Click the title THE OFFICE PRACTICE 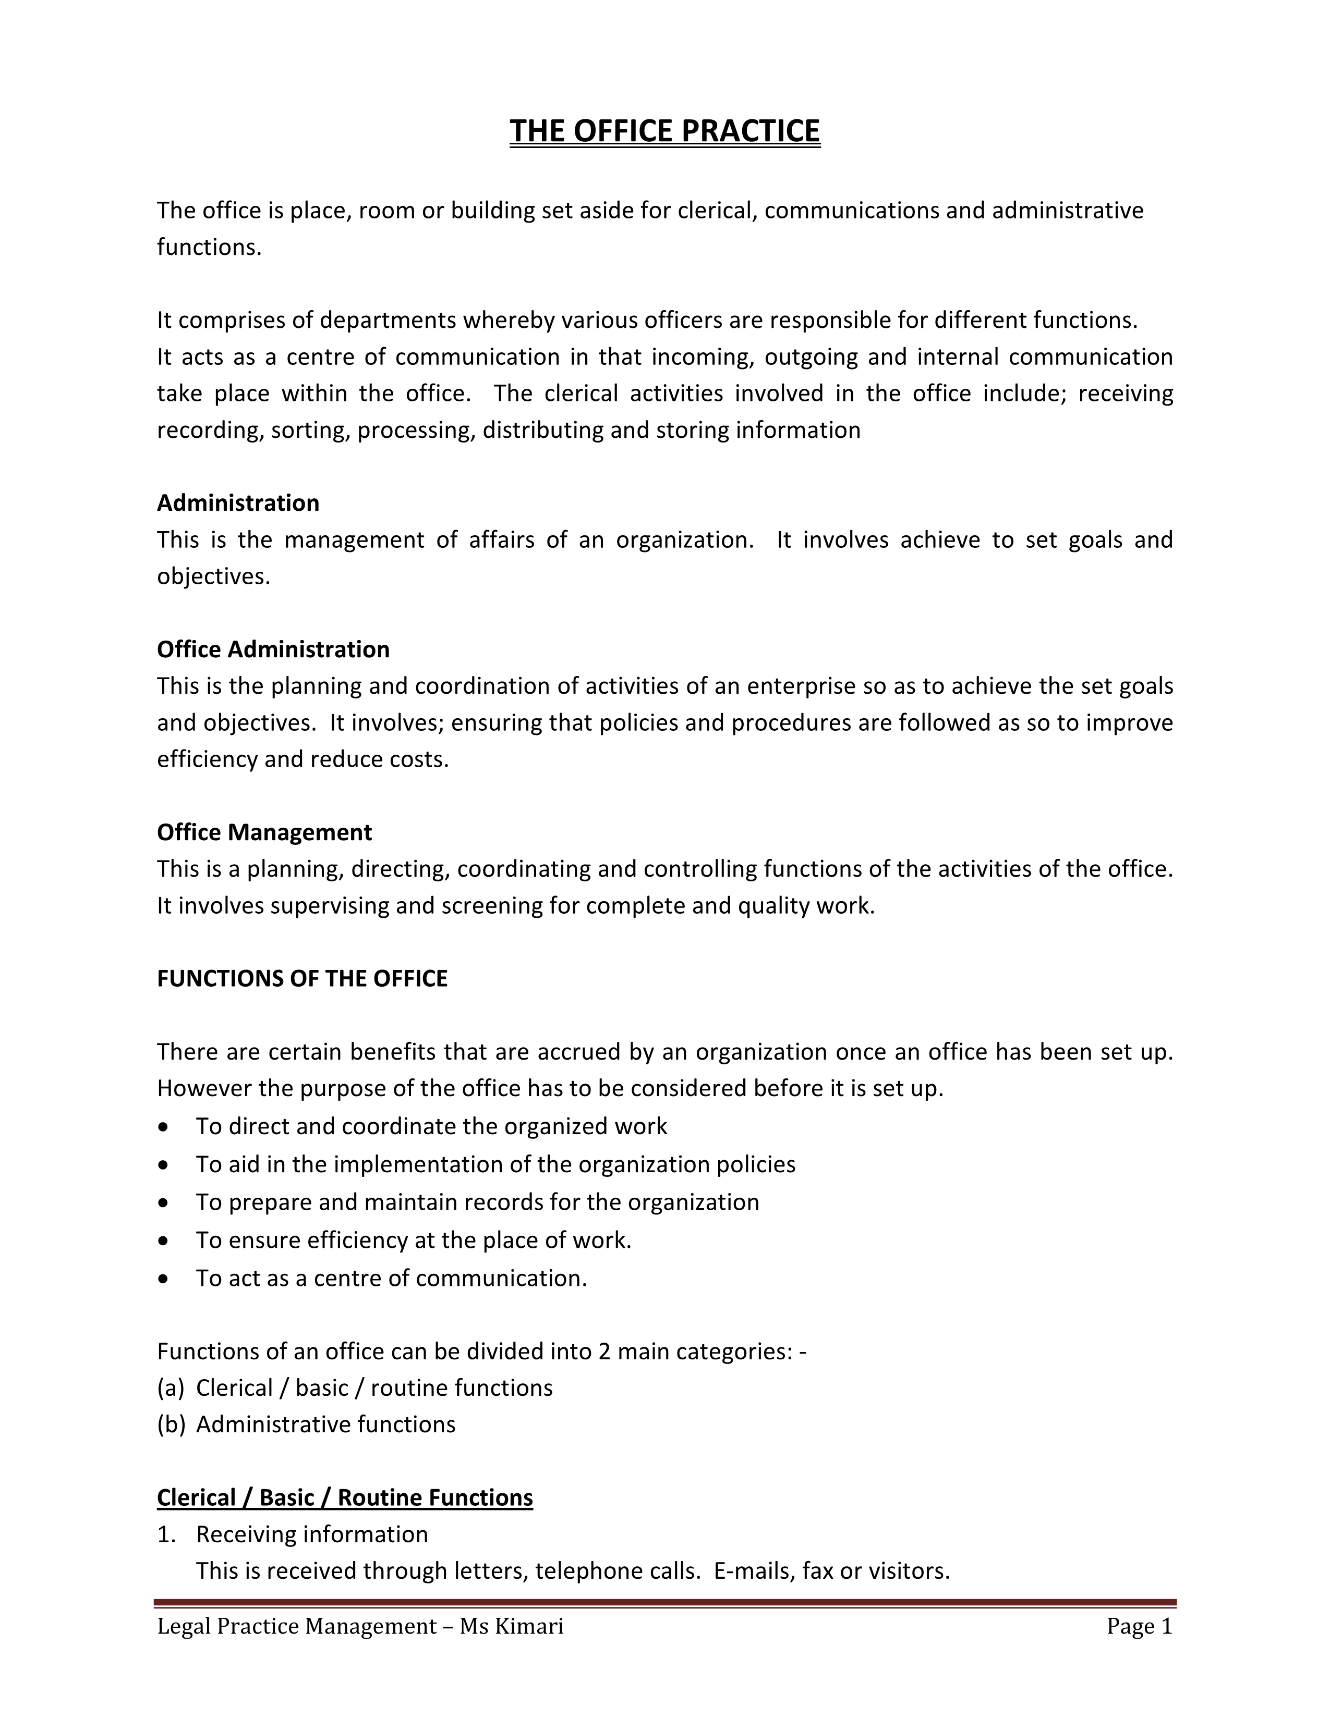coord(664,131)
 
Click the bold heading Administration coord(238,502)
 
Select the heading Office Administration coord(273,649)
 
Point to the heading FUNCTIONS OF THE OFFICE coord(302,978)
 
